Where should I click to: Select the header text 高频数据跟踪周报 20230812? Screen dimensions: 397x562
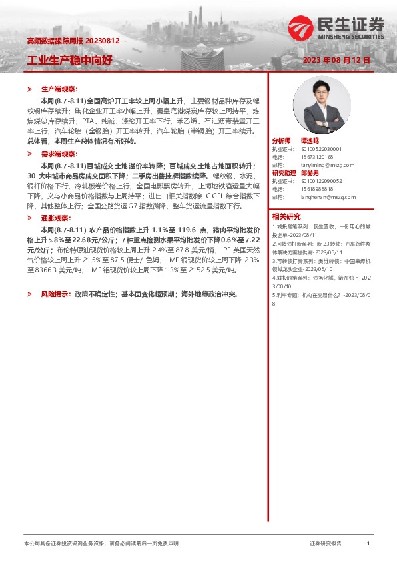tap(73, 41)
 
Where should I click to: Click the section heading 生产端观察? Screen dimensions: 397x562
tap(59, 89)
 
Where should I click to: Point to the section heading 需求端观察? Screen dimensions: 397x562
tap(59, 154)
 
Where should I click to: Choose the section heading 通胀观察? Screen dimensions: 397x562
tap(55, 218)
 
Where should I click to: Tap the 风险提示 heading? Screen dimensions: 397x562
tap(55, 293)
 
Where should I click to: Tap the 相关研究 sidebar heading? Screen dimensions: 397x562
tap(286, 216)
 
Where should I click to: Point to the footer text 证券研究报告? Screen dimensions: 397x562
tap(326, 544)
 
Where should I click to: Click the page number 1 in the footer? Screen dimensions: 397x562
tap(368, 544)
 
